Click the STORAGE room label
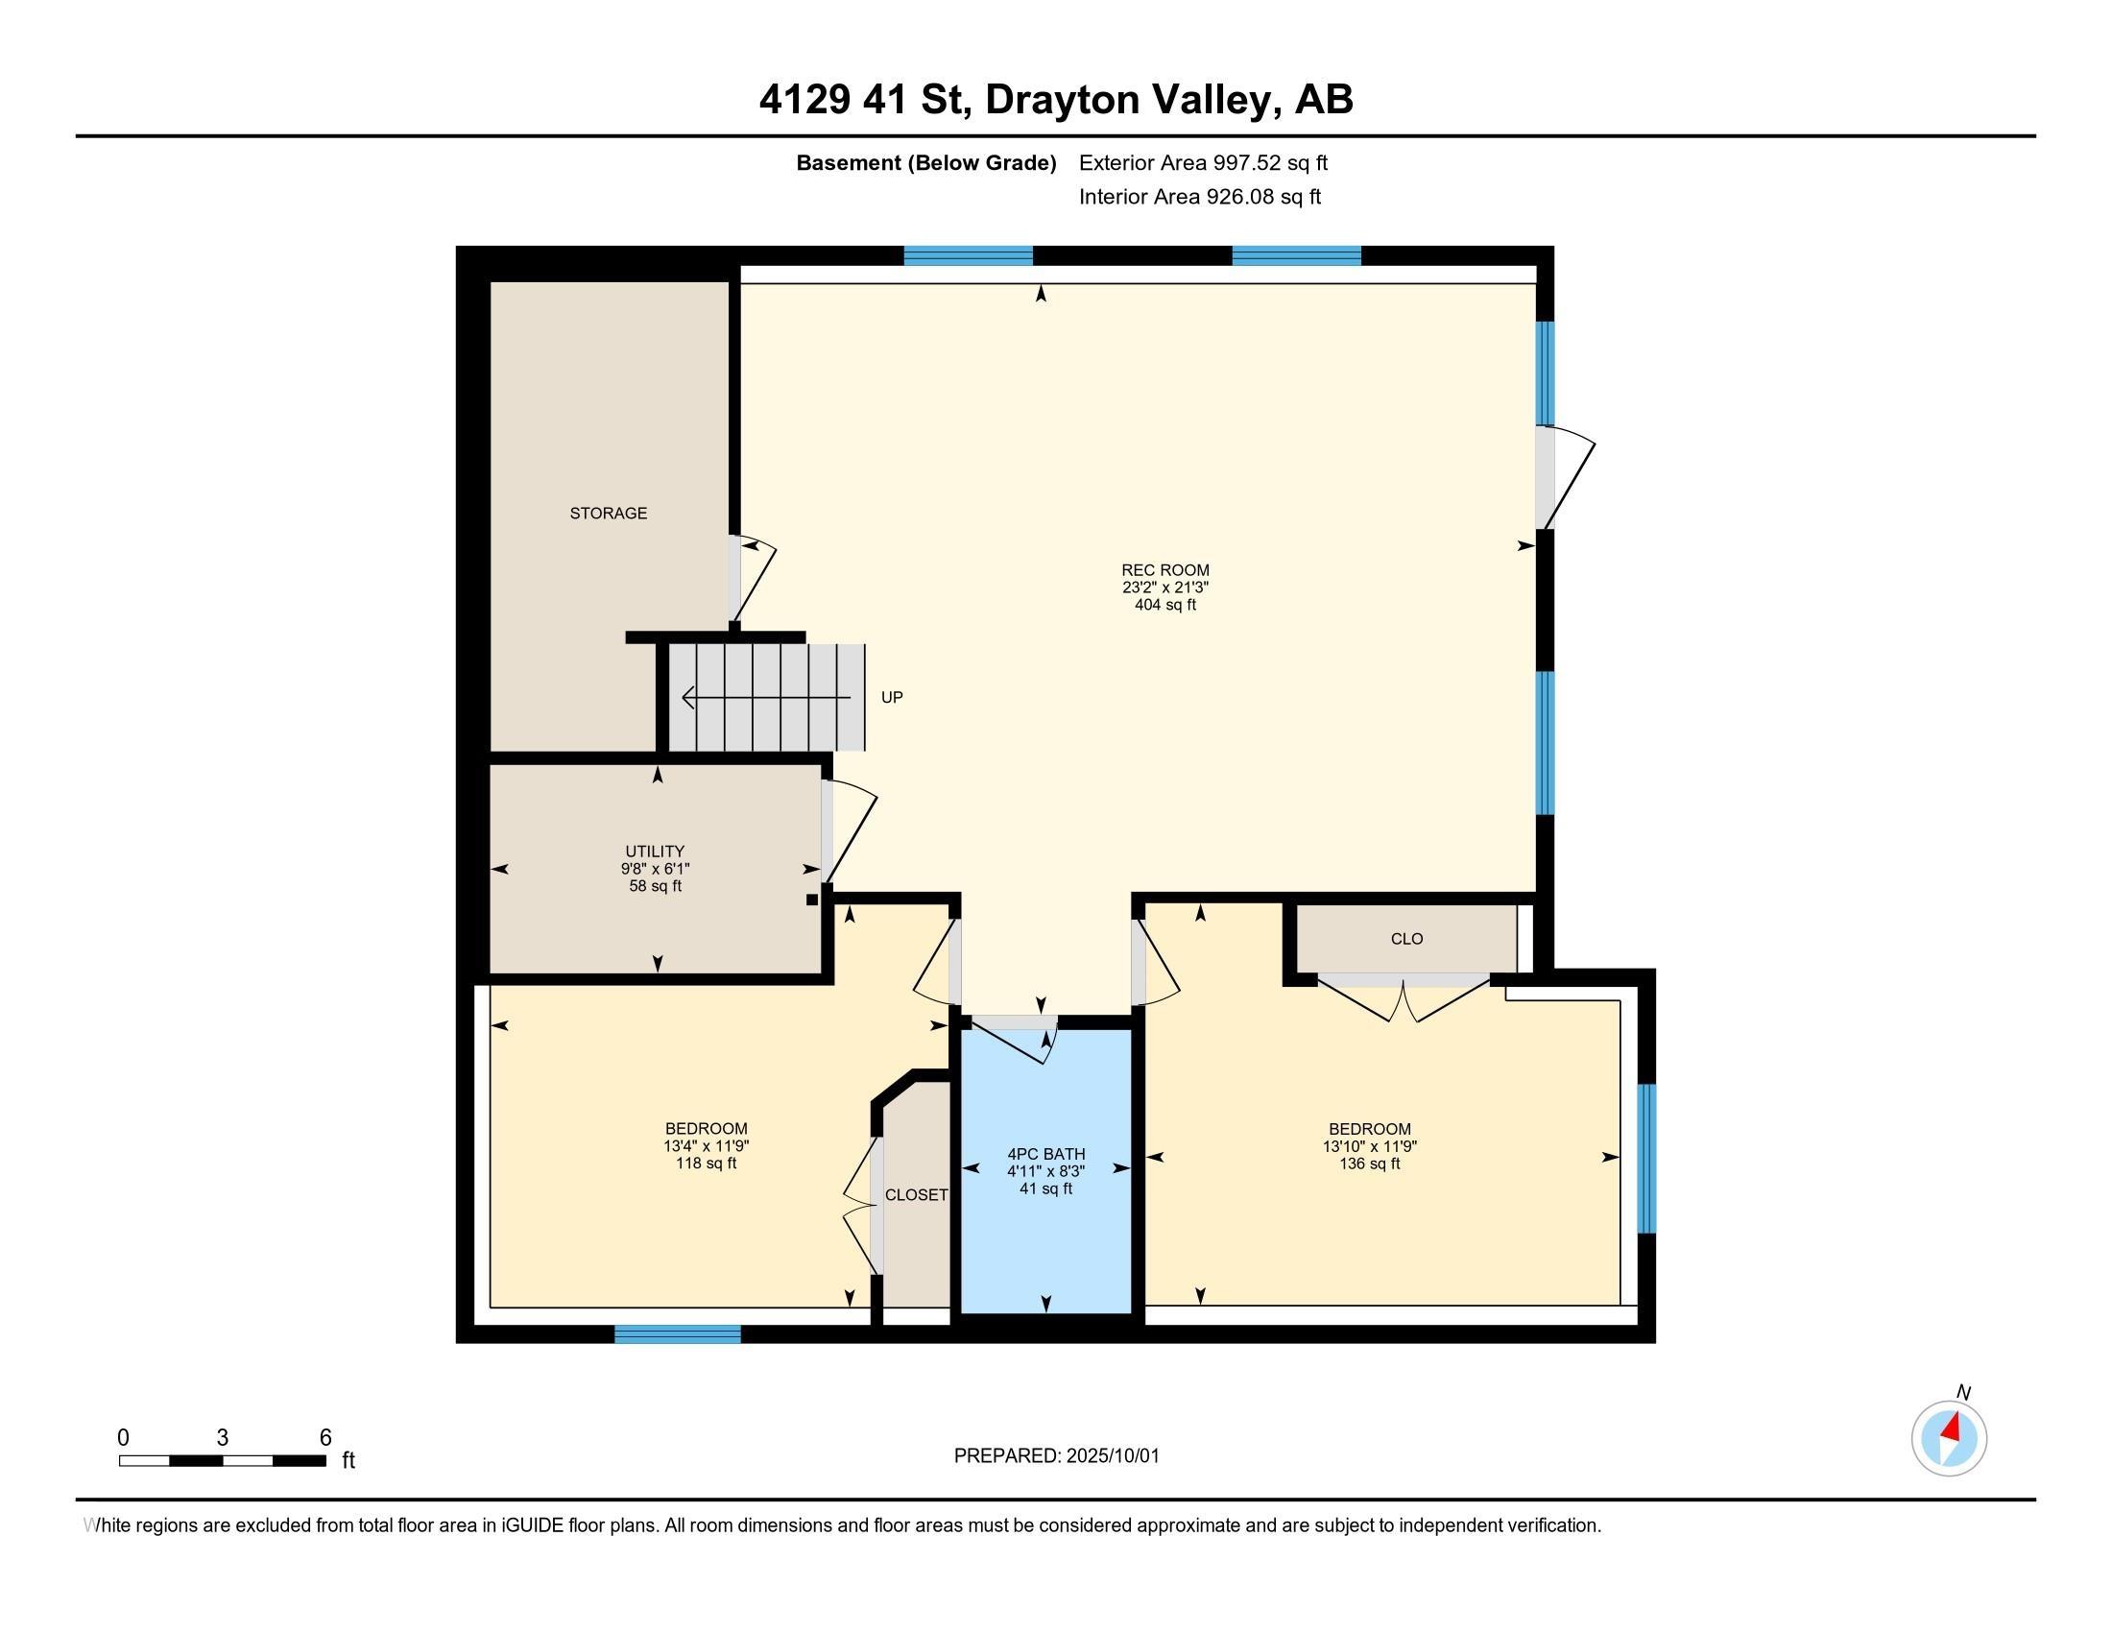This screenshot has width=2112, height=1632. (x=609, y=514)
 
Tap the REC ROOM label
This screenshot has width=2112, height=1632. (x=1165, y=570)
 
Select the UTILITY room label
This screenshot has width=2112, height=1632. (x=655, y=852)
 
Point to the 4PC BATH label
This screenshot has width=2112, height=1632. (x=1046, y=1153)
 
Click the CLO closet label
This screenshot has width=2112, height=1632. (x=1407, y=939)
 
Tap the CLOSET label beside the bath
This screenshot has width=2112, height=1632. (x=917, y=1195)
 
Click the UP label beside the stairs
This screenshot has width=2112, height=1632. (x=892, y=697)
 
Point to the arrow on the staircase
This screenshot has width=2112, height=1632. (x=766, y=697)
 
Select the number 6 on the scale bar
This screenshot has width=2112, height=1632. (x=325, y=1437)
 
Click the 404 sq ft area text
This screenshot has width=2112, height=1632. (x=1165, y=605)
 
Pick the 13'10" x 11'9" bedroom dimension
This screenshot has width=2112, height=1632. (x=1369, y=1146)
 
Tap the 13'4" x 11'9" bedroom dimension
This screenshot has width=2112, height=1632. (x=706, y=1146)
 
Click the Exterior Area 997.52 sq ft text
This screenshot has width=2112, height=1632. (x=1203, y=162)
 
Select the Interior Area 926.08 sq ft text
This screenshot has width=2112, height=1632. (x=1199, y=197)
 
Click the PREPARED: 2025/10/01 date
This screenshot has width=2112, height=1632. (x=1056, y=1456)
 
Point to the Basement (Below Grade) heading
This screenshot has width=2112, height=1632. (x=925, y=163)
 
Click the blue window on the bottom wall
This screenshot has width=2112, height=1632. (x=678, y=1334)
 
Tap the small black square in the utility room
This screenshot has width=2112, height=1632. (x=812, y=900)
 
